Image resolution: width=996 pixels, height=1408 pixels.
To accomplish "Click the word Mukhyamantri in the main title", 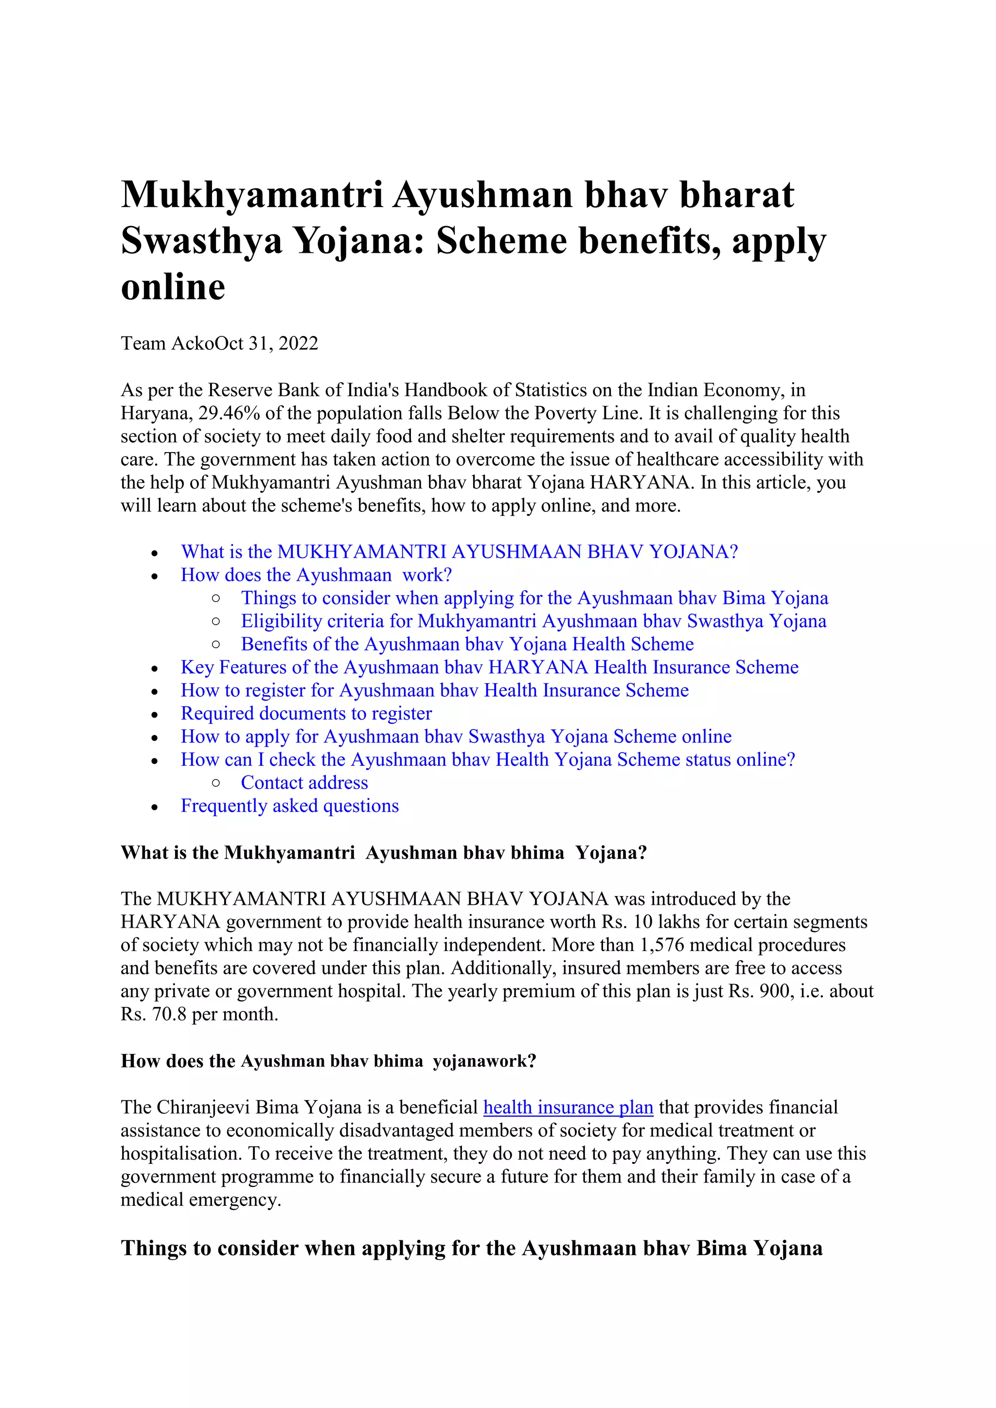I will pos(252,195).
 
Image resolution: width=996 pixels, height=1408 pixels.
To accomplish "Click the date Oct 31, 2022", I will pos(267,343).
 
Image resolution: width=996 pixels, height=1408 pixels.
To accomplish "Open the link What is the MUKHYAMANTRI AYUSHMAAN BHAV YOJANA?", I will pos(459,552).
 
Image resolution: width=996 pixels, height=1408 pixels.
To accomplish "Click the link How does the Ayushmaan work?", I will pos(316,575).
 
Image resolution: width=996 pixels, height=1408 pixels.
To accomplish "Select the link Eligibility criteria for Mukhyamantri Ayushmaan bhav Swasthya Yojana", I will pos(533,621).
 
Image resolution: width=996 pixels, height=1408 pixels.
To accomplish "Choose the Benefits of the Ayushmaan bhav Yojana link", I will pos(467,645).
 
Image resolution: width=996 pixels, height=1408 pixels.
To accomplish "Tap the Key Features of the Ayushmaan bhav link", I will pos(489,667).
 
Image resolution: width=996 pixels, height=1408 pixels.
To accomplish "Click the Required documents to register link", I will pos(306,714).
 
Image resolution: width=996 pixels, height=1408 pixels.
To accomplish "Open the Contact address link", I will pos(304,783).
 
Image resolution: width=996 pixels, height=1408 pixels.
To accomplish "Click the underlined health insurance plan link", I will pos(568,1108).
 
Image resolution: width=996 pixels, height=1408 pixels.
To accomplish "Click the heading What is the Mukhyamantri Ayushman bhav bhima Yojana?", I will pos(383,853).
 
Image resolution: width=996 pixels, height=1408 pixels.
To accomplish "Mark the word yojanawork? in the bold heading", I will pos(484,1061).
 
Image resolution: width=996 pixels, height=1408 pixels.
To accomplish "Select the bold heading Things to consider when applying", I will pos(471,1249).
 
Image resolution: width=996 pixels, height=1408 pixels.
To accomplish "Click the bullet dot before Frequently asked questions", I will pos(155,807).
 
